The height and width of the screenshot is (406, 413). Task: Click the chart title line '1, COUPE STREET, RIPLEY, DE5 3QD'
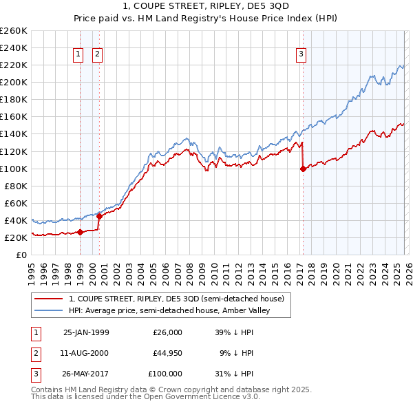pos(206,7)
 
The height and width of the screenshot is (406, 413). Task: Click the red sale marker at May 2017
pos(303,169)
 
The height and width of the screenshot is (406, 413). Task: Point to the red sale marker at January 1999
pos(81,232)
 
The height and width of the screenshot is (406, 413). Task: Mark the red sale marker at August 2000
pos(99,216)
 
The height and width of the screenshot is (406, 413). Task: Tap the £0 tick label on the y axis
pos(21,255)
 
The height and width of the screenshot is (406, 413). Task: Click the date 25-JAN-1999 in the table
pos(86,332)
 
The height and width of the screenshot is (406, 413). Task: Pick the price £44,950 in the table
pos(167,353)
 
